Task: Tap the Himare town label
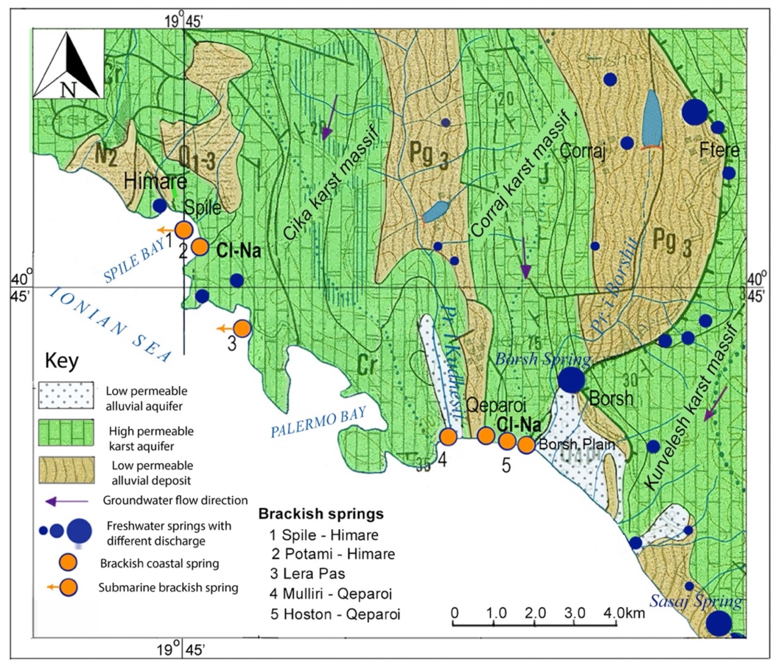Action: tap(155, 182)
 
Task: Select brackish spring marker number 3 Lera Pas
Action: tap(243, 328)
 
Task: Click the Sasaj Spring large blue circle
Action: tap(718, 623)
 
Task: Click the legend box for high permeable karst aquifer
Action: tap(66, 433)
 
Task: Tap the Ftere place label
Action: tap(719, 151)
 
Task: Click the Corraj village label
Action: tap(582, 152)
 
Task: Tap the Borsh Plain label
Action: tap(577, 445)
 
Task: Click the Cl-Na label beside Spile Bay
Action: tap(239, 251)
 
